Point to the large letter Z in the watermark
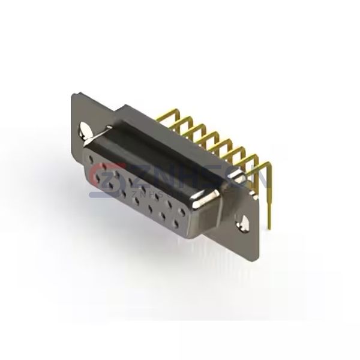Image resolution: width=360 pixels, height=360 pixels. click(x=133, y=176)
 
